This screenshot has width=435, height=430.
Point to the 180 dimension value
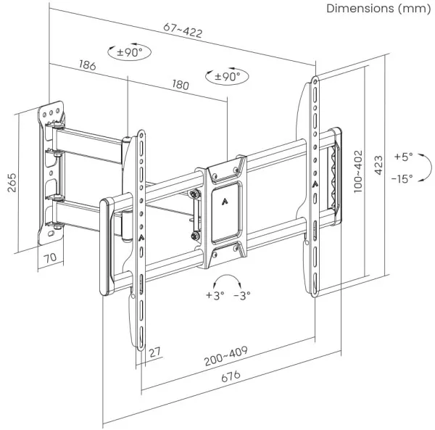(x=180, y=85)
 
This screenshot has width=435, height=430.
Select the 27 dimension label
(x=155, y=352)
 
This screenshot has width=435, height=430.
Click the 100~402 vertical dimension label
(x=357, y=170)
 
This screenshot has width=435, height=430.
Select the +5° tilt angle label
(x=403, y=156)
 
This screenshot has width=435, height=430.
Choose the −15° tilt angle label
(x=403, y=178)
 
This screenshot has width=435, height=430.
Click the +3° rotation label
(x=215, y=295)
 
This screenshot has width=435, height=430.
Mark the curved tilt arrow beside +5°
(x=423, y=168)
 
